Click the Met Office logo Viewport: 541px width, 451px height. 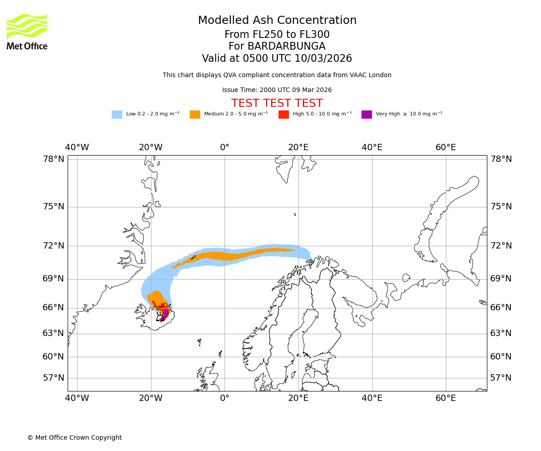[27, 32]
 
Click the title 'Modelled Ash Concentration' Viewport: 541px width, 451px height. [277, 20]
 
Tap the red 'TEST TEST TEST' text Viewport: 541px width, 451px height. [277, 103]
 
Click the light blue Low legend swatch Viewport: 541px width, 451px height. [117, 114]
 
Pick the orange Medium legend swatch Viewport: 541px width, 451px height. [195, 114]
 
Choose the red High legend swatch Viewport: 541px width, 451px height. [284, 114]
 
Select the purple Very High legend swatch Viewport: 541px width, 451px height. [367, 114]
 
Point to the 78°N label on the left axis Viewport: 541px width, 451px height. [54, 159]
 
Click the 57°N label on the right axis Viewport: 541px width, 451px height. [501, 378]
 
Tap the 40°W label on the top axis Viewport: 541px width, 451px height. [77, 147]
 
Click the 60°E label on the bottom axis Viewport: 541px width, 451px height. [446, 398]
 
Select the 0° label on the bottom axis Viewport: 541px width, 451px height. [225, 398]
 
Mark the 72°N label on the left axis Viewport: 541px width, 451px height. [54, 246]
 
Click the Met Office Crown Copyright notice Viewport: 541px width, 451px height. [74, 437]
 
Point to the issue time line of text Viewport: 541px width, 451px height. [277, 90]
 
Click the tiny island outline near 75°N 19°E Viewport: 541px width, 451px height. [295, 214]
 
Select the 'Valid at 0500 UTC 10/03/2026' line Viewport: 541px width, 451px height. [277, 59]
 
